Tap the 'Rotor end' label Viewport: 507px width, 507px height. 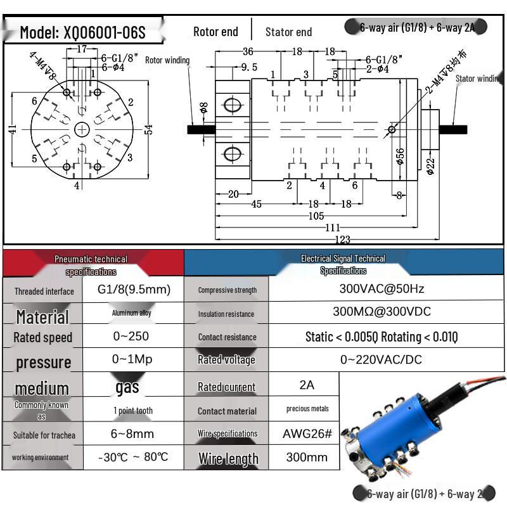(x=215, y=32)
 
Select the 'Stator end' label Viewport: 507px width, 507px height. (x=288, y=32)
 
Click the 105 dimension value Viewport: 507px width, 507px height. (x=316, y=217)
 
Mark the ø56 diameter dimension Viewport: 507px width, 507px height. (x=400, y=156)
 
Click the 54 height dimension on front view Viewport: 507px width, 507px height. (x=149, y=129)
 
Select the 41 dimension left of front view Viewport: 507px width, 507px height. (x=13, y=129)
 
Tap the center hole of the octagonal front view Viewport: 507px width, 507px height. (x=82, y=129)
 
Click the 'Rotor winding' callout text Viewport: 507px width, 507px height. (x=167, y=61)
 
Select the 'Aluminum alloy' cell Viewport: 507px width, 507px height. (x=132, y=312)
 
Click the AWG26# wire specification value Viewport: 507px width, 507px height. (x=307, y=434)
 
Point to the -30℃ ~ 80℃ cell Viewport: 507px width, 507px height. (x=133, y=457)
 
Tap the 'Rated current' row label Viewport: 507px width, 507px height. (x=226, y=387)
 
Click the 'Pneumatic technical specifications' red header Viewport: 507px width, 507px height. (x=91, y=265)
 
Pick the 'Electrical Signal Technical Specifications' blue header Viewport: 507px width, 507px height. (x=343, y=264)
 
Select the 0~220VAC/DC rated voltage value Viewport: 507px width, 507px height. (x=381, y=359)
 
